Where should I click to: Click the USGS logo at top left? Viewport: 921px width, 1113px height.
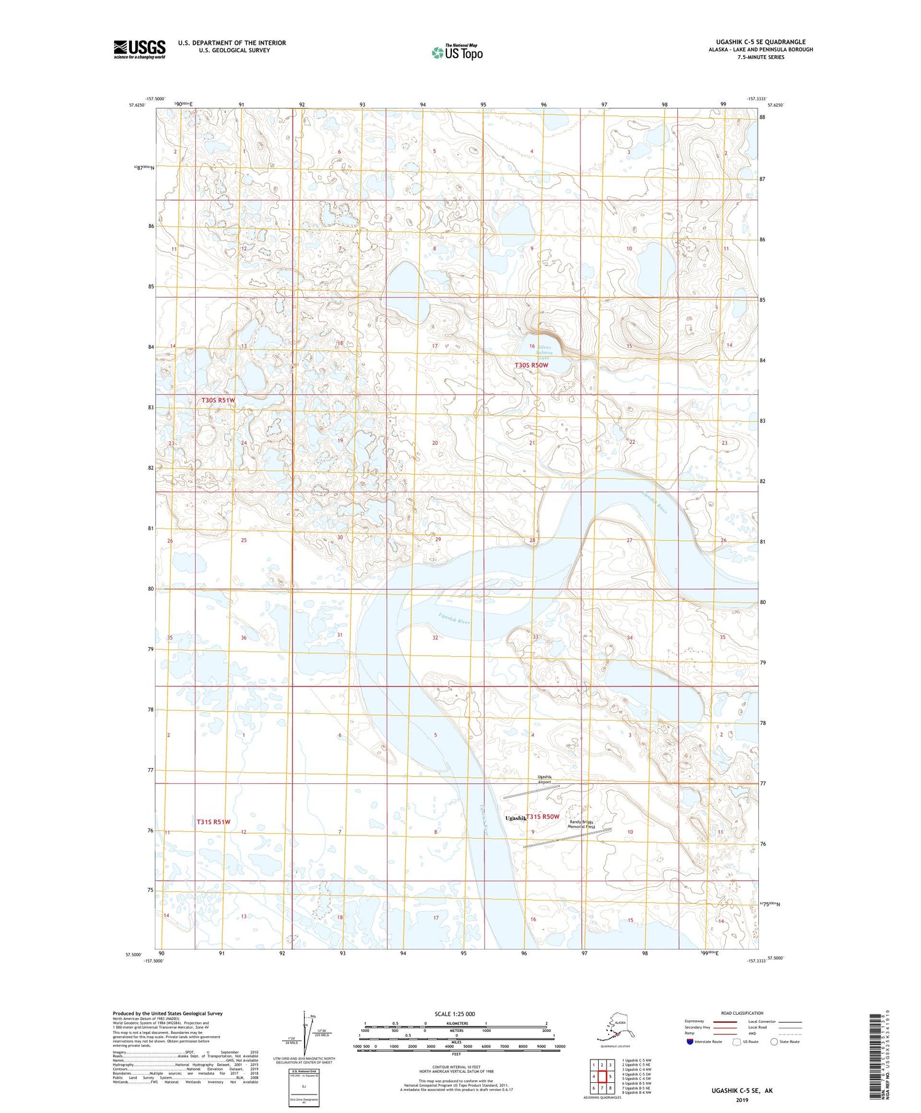139,49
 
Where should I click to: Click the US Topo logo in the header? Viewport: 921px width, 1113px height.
457,52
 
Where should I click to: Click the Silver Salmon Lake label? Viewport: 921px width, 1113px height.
544,353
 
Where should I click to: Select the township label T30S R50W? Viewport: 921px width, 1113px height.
531,365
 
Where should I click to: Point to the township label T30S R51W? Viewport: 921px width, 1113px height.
218,400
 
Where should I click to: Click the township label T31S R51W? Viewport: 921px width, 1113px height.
213,821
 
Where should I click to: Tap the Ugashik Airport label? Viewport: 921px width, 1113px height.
545,780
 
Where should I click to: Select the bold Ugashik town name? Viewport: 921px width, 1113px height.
515,818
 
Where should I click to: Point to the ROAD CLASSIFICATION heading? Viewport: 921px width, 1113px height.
742,1013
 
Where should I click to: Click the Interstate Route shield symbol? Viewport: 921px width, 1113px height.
690,1042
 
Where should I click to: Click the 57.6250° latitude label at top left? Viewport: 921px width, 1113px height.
138,105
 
